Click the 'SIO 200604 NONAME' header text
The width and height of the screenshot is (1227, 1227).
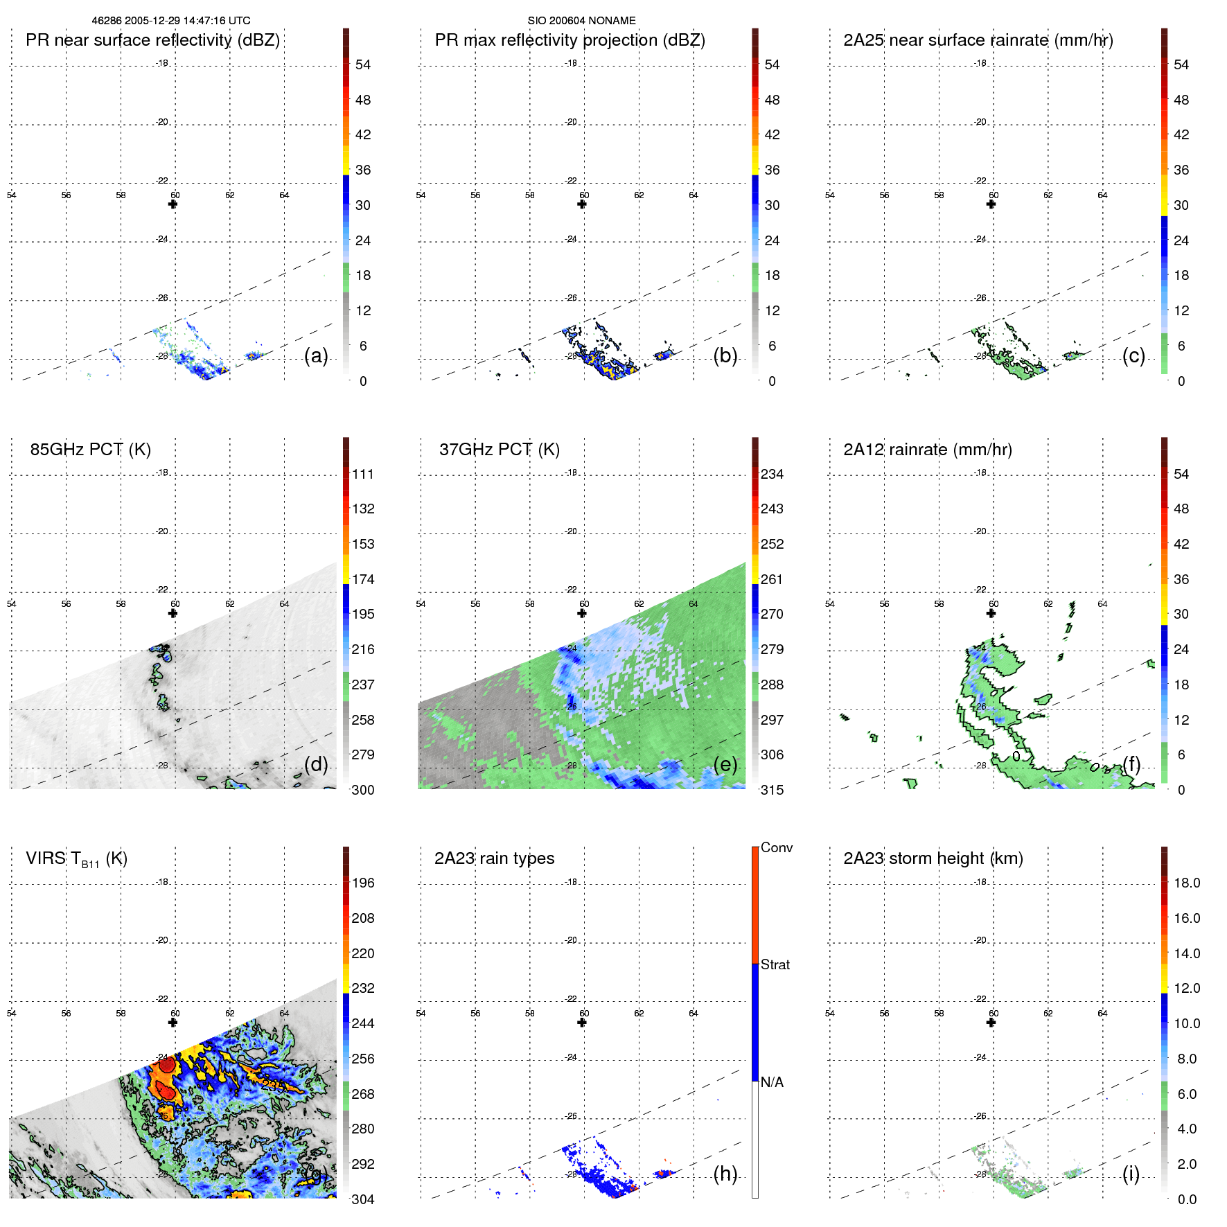coord(581,21)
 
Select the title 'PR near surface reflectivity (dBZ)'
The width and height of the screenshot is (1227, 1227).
coord(152,40)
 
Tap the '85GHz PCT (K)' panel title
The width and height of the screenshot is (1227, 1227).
coord(90,450)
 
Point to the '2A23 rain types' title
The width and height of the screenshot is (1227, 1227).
coord(494,858)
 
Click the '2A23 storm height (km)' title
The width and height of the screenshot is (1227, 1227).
coord(933,858)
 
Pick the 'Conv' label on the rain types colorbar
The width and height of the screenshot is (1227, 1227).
coord(776,847)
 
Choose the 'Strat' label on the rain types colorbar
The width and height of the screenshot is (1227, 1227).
coord(775,964)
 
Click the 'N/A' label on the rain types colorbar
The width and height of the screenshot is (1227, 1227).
coord(772,1082)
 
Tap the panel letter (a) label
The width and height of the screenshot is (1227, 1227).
coord(316,355)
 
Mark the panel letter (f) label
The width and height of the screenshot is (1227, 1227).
coord(1132,764)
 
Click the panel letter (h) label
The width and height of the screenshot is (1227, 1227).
coord(725,1174)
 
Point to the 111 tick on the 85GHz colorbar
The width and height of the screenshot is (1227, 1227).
coord(362,474)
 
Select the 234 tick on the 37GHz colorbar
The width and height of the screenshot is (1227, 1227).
coord(772,474)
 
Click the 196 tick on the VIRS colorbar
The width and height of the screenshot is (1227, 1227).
coord(362,883)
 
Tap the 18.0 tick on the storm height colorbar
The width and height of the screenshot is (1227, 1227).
coord(1186,883)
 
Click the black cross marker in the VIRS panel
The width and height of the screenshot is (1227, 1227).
coord(173,1023)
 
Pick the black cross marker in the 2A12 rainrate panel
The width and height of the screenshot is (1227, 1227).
coord(991,613)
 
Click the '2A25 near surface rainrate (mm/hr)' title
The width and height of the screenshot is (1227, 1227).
coord(978,40)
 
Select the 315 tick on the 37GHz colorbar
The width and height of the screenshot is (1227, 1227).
coord(772,790)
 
